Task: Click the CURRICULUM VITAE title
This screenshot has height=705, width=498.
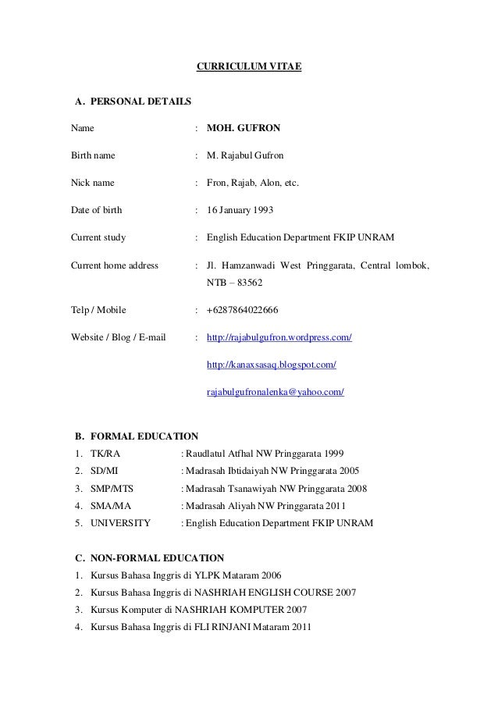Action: (x=248, y=69)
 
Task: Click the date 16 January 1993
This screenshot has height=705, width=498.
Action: (x=240, y=211)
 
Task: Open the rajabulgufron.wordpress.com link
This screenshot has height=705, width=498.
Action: (x=279, y=338)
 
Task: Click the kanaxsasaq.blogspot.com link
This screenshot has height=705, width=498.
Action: (x=271, y=365)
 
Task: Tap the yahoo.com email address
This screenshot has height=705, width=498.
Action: (x=275, y=392)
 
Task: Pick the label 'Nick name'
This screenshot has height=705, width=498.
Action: (x=92, y=183)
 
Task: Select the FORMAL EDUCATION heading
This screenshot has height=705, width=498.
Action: (x=144, y=436)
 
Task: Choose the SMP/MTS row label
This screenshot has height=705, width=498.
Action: (x=112, y=489)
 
